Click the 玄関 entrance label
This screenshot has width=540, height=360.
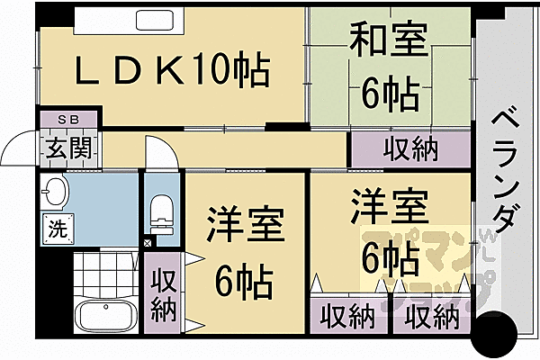(68, 146)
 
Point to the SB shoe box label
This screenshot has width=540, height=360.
(68, 119)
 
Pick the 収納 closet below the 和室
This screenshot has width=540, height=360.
(410, 148)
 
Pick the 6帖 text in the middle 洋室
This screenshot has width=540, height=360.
(245, 283)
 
